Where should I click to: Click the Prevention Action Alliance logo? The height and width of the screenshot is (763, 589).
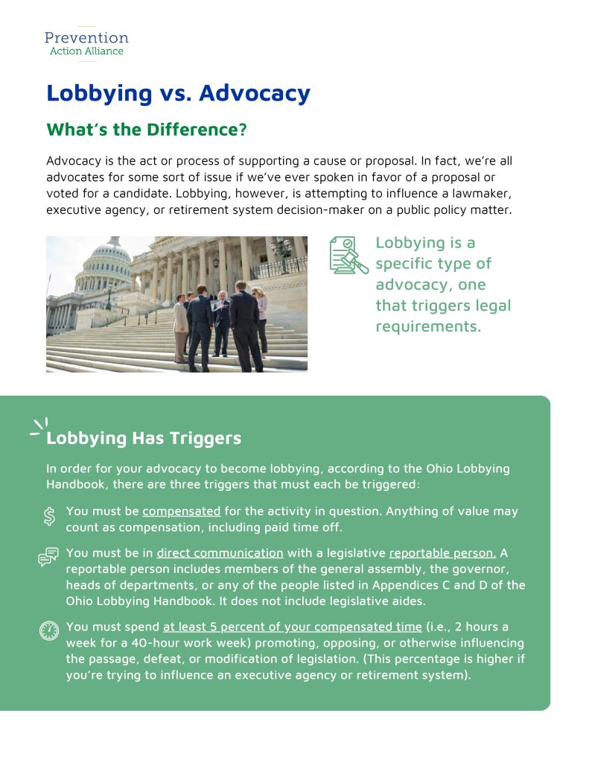point(86,42)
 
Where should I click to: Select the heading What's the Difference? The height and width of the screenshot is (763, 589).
point(146,129)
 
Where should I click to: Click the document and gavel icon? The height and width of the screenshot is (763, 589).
point(348,256)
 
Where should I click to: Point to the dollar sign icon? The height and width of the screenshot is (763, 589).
point(49,516)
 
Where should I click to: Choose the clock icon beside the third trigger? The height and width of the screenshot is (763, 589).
point(49,631)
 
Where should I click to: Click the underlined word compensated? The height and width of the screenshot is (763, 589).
point(181,511)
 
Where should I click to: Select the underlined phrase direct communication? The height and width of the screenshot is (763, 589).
point(220,553)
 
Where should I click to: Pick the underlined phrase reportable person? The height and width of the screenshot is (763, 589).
point(442,553)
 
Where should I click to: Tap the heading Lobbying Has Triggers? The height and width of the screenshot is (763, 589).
point(144,437)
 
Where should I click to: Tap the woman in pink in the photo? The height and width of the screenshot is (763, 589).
point(261,320)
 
